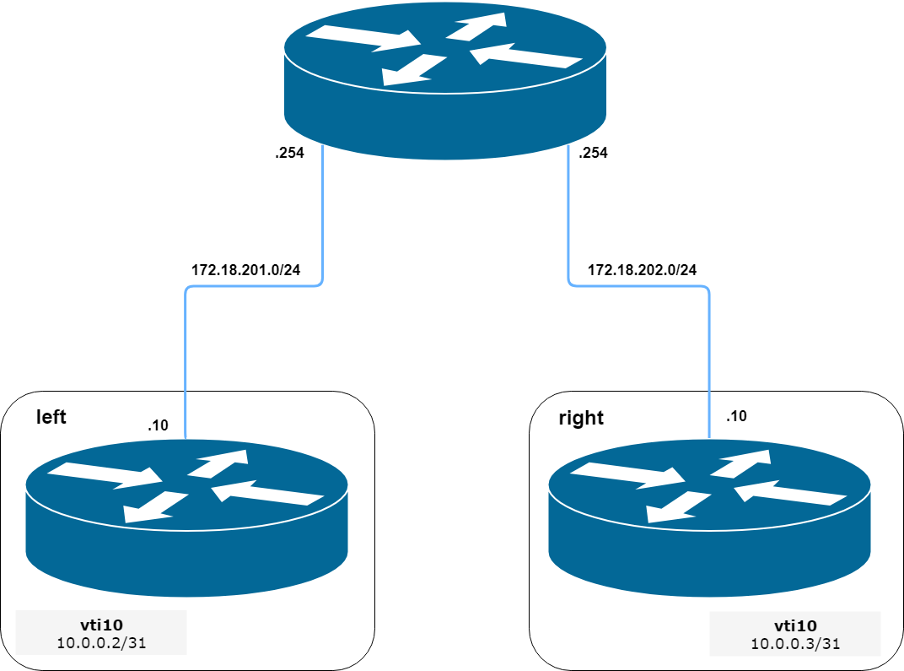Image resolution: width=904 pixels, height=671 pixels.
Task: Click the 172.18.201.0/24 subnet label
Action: pos(246,270)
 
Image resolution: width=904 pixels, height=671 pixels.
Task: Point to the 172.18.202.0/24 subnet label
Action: pos(642,270)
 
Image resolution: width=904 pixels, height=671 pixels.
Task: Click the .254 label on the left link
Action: pos(289,154)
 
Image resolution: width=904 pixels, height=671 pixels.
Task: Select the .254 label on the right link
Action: pos(593,154)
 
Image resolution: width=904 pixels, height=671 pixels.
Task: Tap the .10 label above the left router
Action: pos(158,425)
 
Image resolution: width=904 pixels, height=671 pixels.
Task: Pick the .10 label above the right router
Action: pos(735,416)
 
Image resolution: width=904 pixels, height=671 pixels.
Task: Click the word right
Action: pos(581,418)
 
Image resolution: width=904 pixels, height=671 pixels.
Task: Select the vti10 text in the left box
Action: pos(100,625)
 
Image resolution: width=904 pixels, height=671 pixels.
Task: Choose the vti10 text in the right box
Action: pos(795,626)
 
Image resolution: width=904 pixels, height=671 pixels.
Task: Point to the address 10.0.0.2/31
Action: pos(100,643)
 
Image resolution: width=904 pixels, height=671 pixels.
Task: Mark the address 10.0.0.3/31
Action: pos(795,644)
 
